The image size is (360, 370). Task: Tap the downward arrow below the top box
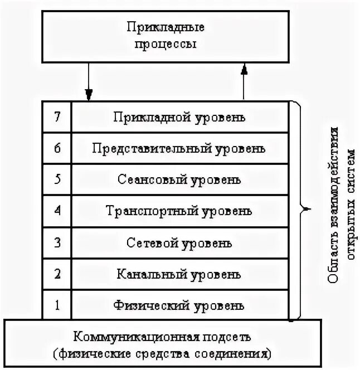[88, 80]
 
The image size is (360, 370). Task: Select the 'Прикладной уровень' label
[179, 118]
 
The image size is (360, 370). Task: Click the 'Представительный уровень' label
[179, 149]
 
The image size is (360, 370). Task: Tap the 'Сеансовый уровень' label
[179, 180]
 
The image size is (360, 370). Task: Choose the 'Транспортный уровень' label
[179, 211]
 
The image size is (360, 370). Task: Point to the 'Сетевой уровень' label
[179, 243]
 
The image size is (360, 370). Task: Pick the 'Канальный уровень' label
[179, 274]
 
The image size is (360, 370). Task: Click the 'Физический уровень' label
[179, 305]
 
